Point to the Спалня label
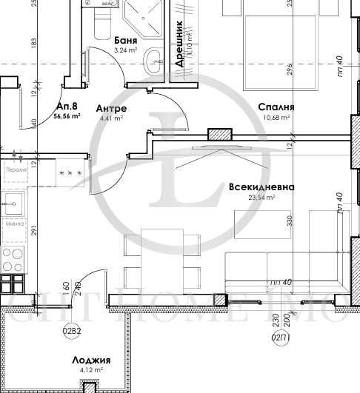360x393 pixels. pos(272,107)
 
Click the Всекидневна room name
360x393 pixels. pos(261,187)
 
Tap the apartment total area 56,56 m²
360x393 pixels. pos(68,116)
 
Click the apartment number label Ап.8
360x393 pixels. pos(66,106)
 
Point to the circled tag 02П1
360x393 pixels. pos(281,337)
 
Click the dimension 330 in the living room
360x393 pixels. pos(291,221)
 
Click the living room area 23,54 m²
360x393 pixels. pos(263,198)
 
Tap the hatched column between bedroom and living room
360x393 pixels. pos(219,135)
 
